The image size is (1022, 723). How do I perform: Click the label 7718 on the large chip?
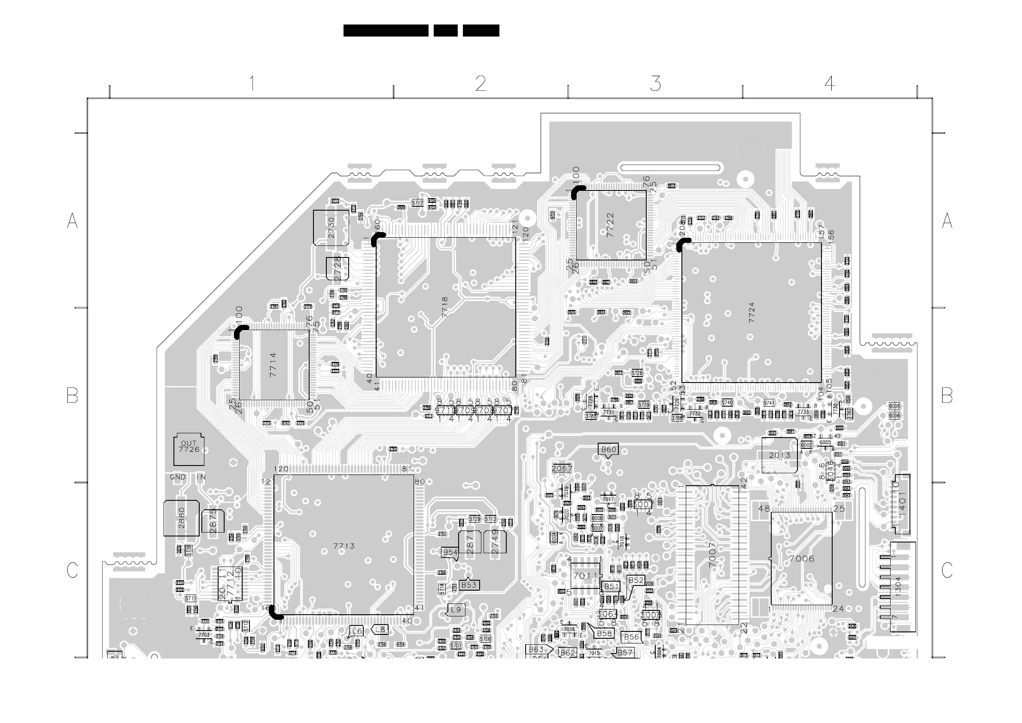coord(445,307)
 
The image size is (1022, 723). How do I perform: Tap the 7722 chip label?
coord(610,225)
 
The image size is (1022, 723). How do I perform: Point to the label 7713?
coord(344,546)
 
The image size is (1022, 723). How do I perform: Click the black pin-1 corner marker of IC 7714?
coord(241,331)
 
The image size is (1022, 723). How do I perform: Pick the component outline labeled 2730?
coord(331,227)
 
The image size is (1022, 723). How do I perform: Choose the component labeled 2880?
coord(182,518)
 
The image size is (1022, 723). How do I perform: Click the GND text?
coord(178,477)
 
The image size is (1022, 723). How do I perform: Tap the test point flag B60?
coord(608,450)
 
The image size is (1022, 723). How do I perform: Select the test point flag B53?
coord(469,585)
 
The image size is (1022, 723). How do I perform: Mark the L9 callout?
coord(456,610)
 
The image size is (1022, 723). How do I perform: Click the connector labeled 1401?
coord(902,503)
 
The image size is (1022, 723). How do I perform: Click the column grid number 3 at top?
coord(655,84)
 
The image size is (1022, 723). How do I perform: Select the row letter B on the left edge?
coord(72,395)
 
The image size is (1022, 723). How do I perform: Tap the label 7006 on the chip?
coord(802,559)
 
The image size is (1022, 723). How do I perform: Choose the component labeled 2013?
coord(779,455)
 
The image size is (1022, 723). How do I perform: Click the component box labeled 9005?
coord(894,406)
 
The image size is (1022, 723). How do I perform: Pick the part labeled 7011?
coord(585,576)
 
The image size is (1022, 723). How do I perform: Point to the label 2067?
coord(562,468)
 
